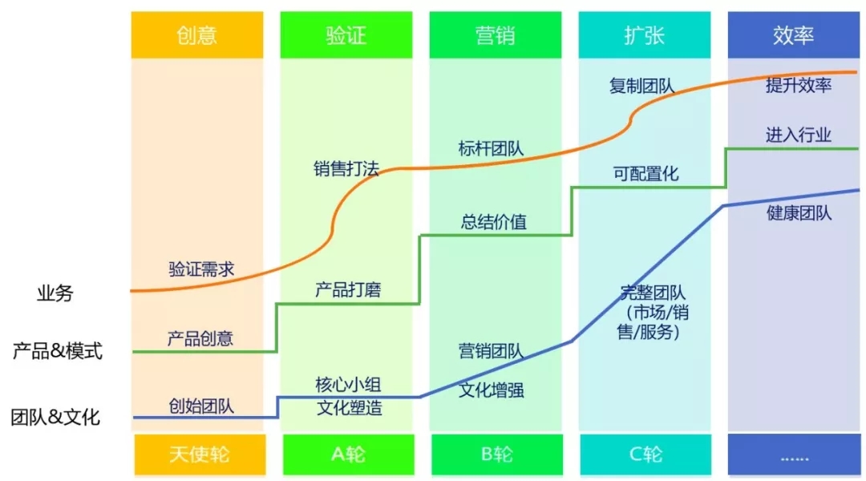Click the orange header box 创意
pos(197,34)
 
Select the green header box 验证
pos(346,34)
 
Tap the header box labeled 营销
pos(496,34)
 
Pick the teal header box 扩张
pos(645,34)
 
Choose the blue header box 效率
pos(794,34)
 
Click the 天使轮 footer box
pos(200,455)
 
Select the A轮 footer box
pos(349,455)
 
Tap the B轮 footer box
pos(497,455)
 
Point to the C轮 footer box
pos(645,455)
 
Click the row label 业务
pos(55,293)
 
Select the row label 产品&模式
pos(58,350)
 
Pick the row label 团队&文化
pos(55,417)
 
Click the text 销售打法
pos(346,168)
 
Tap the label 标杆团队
pos(491,148)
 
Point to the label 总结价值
pos(494,222)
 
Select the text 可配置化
pos(645,174)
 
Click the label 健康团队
pos(799,213)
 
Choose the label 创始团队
pos(201,406)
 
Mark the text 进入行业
pos(799,134)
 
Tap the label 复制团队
pos(641,86)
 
